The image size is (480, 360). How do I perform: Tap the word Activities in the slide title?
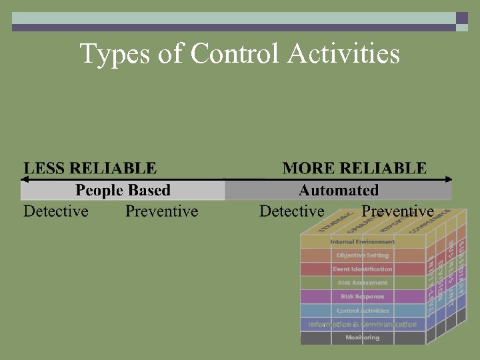coord(344,53)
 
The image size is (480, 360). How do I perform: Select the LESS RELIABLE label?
coord(90,168)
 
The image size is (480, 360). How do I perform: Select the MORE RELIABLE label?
coord(354,168)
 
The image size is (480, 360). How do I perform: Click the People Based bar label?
coord(123,191)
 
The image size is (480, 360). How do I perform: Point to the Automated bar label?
coord(339,191)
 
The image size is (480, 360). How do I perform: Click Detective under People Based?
coord(56,211)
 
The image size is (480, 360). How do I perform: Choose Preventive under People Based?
coord(162,211)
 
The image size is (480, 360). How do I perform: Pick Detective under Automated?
coord(292,211)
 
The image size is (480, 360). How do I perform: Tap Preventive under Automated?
coord(397,211)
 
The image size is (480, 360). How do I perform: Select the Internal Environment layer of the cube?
coord(363,241)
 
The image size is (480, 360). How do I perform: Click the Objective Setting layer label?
coord(363,255)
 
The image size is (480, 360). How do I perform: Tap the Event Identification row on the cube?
coord(363,269)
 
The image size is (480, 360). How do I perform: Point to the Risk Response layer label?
coord(363,297)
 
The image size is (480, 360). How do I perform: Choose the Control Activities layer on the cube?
coord(363,311)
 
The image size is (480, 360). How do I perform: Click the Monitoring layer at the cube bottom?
coord(363,338)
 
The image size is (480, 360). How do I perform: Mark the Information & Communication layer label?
coord(363,325)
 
